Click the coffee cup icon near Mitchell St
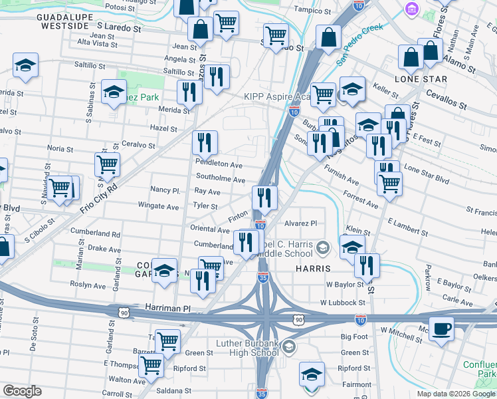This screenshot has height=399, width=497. (442, 327)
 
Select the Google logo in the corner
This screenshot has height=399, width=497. (22, 391)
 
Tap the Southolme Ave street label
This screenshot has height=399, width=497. (221, 180)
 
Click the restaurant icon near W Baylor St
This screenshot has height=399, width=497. (367, 265)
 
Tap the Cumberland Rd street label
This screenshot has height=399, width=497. (98, 234)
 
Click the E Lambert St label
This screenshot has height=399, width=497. (407, 227)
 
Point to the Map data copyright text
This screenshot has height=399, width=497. (455, 393)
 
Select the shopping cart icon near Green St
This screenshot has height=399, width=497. (167, 340)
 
